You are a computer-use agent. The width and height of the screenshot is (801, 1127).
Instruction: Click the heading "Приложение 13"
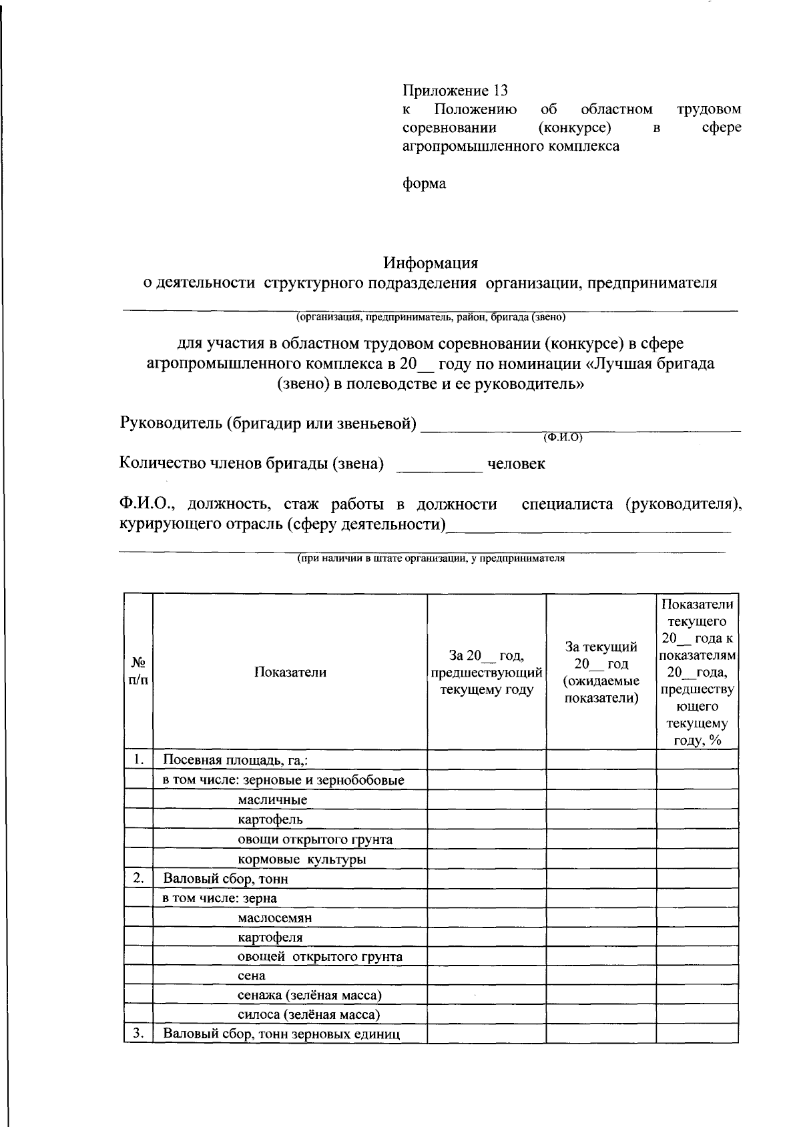coord(455,90)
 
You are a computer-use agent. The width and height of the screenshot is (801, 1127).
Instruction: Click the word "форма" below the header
coord(424,183)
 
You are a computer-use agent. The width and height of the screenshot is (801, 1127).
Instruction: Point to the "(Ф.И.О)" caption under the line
coord(563,438)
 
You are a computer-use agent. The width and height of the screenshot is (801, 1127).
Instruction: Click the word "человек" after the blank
coord(516,464)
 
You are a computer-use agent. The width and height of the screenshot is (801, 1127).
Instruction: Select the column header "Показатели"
coord(290,672)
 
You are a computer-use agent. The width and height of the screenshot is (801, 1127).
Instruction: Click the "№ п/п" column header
coord(138,671)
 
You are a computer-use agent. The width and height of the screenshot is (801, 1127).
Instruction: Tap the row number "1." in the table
coord(138,759)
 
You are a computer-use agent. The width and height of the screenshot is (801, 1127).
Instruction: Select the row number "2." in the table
coord(138,877)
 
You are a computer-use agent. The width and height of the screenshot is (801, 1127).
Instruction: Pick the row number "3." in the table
coord(138,1034)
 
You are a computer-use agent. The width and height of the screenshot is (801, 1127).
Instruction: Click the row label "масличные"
coord(272,799)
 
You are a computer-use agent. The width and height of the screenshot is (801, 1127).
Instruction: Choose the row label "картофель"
coord(270,819)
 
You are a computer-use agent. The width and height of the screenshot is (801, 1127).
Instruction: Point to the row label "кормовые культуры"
coord(302,859)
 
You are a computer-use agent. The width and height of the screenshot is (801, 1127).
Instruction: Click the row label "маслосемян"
coord(274,917)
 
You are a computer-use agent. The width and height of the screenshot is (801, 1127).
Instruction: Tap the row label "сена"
coord(252,976)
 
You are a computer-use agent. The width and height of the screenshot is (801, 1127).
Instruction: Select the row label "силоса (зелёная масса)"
coord(309,1015)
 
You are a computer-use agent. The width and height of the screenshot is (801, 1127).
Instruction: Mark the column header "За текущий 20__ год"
coord(601,655)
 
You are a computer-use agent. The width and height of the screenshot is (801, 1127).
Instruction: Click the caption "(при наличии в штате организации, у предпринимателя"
coord(431,559)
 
